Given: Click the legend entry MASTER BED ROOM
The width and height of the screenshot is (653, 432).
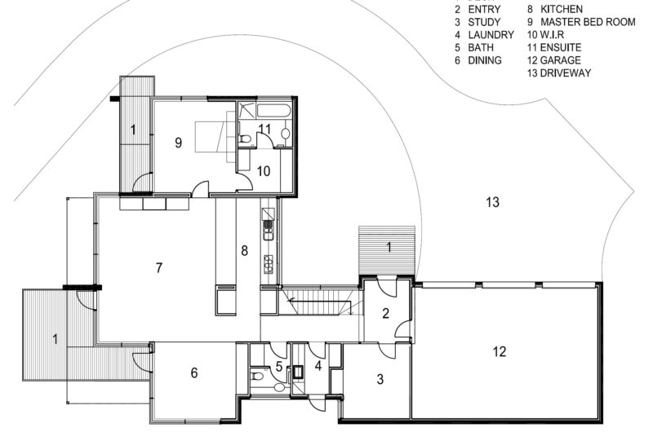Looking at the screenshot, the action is tap(588, 22).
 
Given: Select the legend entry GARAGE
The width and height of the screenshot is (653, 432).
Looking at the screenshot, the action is tap(560, 60).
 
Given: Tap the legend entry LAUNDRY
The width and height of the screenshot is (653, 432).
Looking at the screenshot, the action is tap(491, 34).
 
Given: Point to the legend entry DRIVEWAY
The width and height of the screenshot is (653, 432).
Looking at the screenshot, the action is tap(566, 73).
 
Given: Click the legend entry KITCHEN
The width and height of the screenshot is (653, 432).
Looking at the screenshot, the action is tap(562, 9).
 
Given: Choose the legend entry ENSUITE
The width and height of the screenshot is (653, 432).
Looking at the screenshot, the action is tap(561, 47).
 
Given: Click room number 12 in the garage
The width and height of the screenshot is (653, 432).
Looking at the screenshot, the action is tap(500, 352).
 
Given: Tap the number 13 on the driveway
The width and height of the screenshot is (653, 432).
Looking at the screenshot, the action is tap(492, 202).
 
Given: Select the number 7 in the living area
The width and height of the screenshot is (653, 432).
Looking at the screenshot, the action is tap(158, 268).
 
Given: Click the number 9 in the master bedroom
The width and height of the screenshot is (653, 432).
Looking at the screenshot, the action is tap(178, 143).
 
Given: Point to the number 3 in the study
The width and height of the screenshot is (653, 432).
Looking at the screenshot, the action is tap(380, 379).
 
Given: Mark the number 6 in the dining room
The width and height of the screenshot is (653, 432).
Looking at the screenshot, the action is tap(194, 373).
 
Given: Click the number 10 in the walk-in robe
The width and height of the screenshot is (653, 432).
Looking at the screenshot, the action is tap(263, 171).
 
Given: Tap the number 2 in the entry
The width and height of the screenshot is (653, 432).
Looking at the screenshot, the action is tap(385, 314).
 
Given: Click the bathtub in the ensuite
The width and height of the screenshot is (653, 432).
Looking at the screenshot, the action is tap(273, 111).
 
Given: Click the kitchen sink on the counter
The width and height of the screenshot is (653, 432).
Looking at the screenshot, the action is tap(268, 230).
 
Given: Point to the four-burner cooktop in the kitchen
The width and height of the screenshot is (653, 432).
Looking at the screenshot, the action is tap(268, 263).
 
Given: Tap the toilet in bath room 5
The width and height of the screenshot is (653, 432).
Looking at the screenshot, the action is tap(255, 377).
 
